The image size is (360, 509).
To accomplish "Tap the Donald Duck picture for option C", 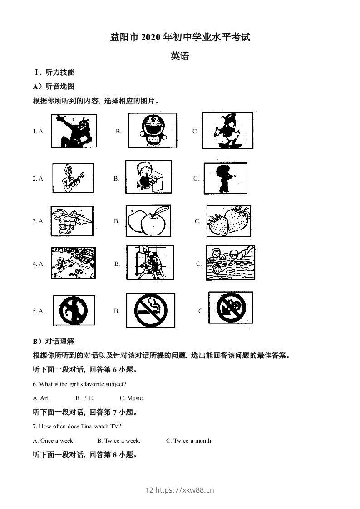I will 227,130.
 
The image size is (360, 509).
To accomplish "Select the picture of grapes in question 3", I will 72,221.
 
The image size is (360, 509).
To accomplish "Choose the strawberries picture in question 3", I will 228,221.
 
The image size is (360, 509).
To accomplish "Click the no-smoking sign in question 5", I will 148,310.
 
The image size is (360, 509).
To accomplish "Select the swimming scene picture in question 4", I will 230,263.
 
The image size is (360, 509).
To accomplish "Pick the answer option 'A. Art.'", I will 41,398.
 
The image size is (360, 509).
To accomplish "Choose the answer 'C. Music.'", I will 132,398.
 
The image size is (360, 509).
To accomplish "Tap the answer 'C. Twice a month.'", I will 189,440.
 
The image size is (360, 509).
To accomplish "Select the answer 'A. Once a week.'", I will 54,440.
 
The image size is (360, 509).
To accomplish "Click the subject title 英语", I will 180,56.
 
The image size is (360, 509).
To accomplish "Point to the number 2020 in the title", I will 151,38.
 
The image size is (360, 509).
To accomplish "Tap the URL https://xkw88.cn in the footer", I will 184,489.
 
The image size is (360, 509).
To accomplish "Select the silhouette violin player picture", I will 225,178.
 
